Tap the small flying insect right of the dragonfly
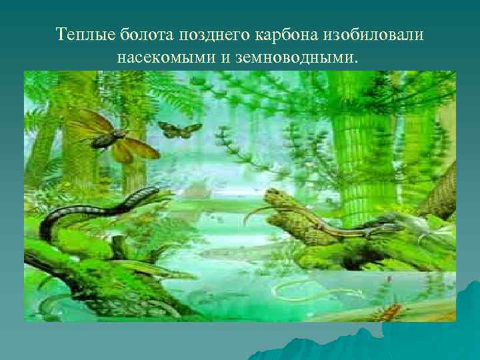click(179, 129)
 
